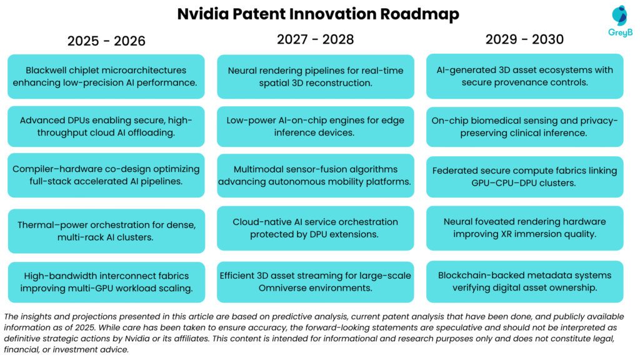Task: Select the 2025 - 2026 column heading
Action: [106, 41]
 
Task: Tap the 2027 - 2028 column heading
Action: [315, 39]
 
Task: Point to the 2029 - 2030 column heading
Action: [524, 39]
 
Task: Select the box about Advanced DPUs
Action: [106, 126]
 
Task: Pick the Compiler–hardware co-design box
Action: [106, 175]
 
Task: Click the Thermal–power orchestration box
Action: [106, 231]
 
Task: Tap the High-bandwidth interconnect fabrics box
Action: [106, 282]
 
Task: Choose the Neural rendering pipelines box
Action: [315, 76]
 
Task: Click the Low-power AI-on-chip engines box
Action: [315, 126]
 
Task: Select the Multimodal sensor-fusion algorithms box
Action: [315, 175]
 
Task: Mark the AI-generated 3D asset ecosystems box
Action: [524, 76]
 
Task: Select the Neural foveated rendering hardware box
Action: [524, 227]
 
